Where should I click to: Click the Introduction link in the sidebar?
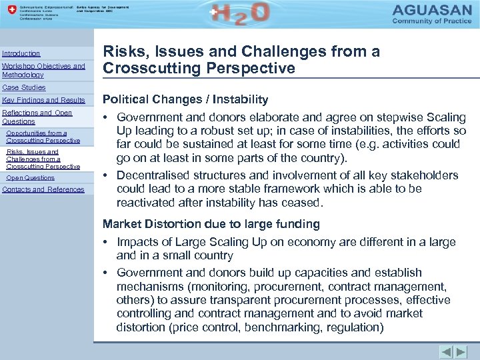(21, 53)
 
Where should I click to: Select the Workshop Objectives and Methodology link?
(43, 71)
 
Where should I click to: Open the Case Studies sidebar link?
(24, 87)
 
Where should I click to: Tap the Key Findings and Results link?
(43, 100)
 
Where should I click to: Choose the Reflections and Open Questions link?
(37, 117)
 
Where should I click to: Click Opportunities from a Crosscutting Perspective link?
(43, 137)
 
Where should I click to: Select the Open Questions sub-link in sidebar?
(30, 178)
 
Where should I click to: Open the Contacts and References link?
(43, 189)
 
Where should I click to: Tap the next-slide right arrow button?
(461, 351)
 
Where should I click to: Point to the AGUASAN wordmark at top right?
(434, 11)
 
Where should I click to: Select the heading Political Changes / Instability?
(185, 99)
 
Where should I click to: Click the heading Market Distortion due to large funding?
(211, 224)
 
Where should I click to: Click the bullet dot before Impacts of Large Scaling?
(106, 242)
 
